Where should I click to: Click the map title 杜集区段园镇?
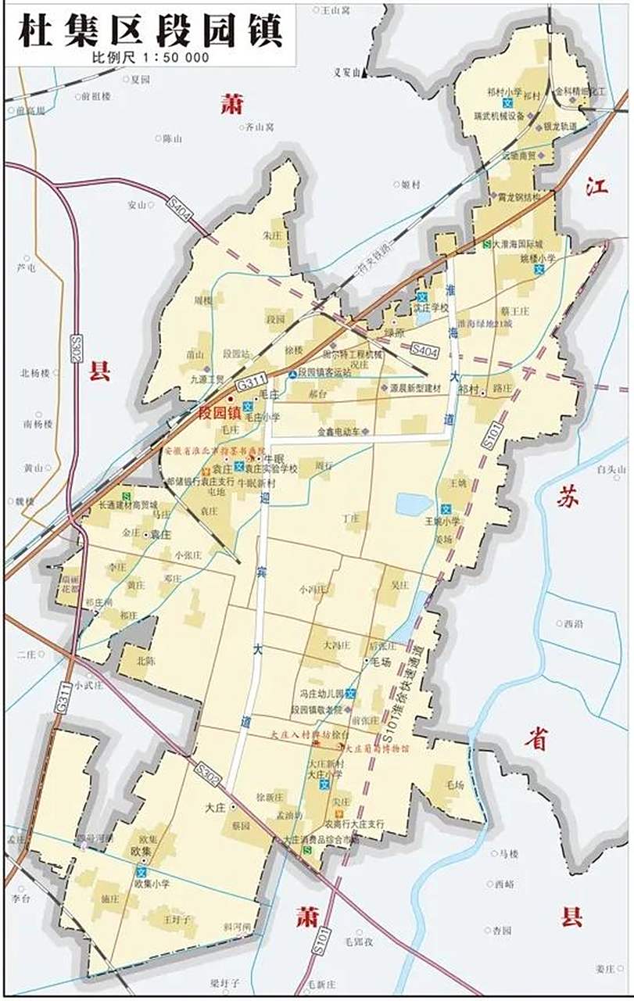[150, 31]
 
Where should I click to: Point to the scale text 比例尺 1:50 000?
[150, 57]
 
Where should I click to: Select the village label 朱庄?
[272, 234]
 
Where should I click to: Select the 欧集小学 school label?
[152, 884]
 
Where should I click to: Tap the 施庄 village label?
[109, 899]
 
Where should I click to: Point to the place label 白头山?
[612, 469]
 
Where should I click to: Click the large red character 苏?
[568, 498]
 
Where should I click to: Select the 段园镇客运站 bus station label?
[329, 374]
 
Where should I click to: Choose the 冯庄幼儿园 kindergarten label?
[320, 694]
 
